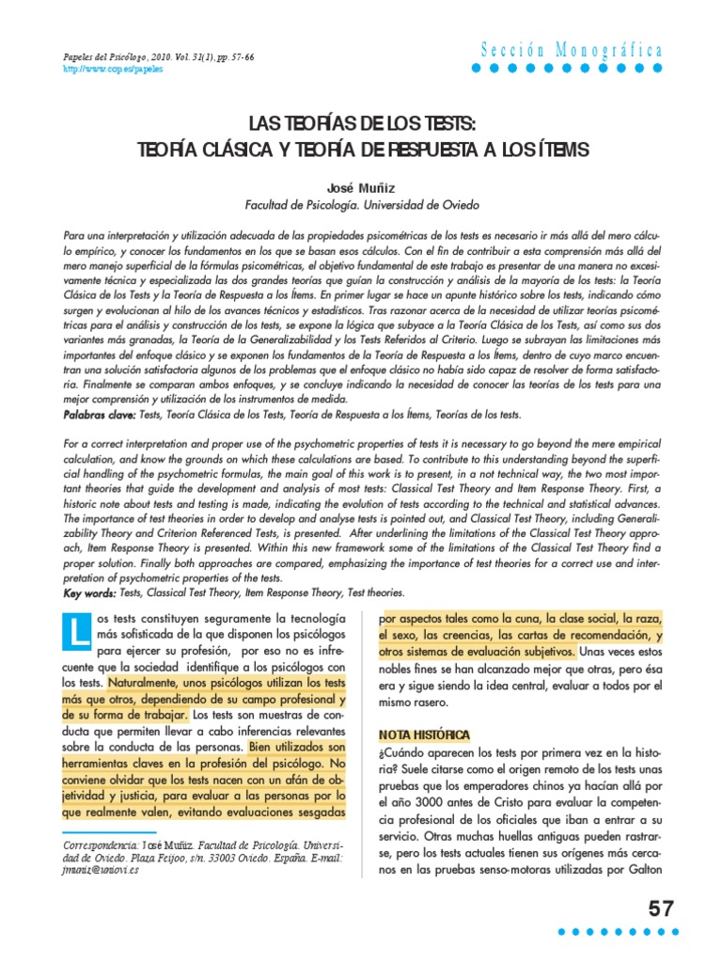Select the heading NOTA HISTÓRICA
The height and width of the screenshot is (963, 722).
pyautogui.click(x=423, y=734)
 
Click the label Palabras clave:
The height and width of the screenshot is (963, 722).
pyautogui.click(x=99, y=414)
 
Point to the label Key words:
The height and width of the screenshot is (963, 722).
pyautogui.click(x=90, y=592)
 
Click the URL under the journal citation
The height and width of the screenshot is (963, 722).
pyautogui.click(x=105, y=71)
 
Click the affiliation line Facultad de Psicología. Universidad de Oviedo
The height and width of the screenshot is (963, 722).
pyautogui.click(x=361, y=204)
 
